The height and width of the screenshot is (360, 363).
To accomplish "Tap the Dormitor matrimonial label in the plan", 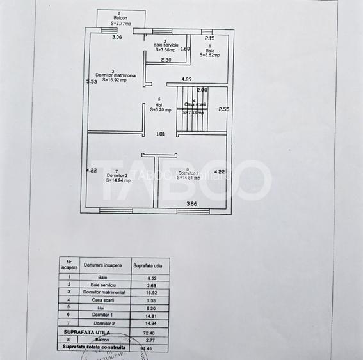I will (x=112, y=75).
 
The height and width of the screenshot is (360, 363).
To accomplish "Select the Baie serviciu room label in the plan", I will (x=165, y=45).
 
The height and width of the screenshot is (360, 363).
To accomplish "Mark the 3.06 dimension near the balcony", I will (x=117, y=38).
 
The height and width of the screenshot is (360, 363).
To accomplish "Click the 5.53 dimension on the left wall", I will (x=92, y=81).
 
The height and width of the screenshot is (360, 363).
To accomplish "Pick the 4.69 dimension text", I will (x=186, y=79).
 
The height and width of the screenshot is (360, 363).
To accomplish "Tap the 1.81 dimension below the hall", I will (x=161, y=134).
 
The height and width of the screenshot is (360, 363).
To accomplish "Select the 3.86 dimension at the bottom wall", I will (x=191, y=204).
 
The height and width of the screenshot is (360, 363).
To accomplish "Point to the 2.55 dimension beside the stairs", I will (x=223, y=109).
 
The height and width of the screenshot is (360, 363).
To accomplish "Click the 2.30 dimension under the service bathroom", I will (x=166, y=60).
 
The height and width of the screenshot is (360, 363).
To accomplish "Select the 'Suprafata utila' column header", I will (x=148, y=264).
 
